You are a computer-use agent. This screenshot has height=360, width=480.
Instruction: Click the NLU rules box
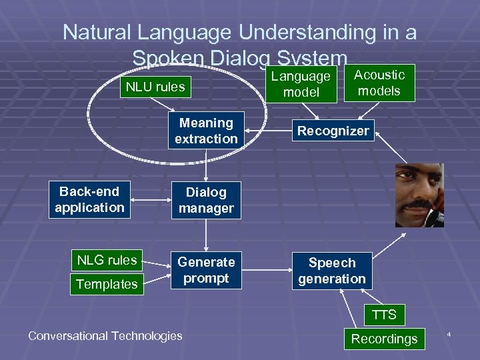click(155, 87)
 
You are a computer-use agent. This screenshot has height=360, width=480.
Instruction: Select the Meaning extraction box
click(206, 131)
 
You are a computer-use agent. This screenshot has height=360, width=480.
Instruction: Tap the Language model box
click(301, 84)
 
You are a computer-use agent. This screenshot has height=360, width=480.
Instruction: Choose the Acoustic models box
click(379, 83)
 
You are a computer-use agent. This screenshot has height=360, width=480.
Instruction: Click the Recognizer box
click(333, 131)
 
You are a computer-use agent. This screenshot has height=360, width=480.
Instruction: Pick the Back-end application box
click(89, 200)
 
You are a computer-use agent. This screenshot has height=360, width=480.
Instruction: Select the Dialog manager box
click(206, 200)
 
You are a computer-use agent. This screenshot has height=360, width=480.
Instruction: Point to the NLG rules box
click(107, 260)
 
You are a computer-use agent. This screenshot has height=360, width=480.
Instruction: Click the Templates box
click(107, 284)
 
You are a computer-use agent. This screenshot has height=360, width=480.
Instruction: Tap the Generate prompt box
click(206, 270)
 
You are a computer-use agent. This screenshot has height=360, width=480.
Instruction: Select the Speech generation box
click(332, 271)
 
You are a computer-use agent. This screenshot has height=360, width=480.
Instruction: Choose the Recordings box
click(384, 339)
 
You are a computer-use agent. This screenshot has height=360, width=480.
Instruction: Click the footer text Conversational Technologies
click(105, 335)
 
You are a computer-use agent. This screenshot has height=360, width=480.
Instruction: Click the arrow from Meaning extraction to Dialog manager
click(206, 164)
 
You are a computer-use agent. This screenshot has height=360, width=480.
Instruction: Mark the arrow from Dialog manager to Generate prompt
click(206, 235)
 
